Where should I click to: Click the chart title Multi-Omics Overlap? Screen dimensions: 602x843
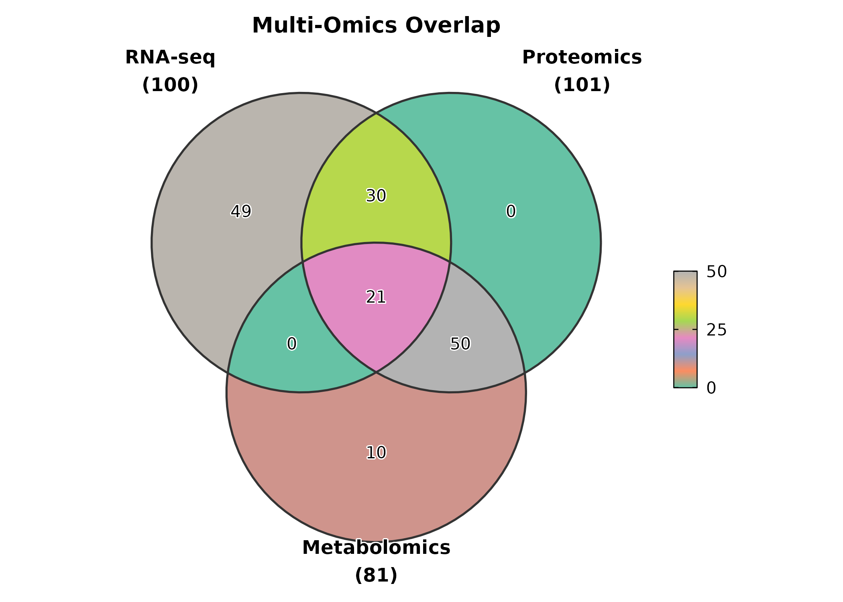(x=376, y=26)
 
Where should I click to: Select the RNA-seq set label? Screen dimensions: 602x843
(x=170, y=57)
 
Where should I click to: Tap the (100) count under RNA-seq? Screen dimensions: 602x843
(x=170, y=85)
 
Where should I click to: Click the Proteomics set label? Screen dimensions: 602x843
(x=582, y=57)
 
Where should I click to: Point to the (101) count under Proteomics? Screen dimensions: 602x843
(x=582, y=85)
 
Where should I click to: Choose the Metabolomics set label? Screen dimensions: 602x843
(x=376, y=547)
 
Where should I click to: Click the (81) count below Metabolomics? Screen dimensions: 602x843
(x=376, y=575)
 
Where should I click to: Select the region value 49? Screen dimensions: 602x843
(x=241, y=211)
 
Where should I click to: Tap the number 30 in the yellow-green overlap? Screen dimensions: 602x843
(x=376, y=196)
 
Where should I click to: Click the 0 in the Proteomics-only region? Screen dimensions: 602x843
(x=511, y=211)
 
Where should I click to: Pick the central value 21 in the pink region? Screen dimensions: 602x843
(x=376, y=297)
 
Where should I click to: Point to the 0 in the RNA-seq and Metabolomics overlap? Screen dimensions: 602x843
(x=292, y=344)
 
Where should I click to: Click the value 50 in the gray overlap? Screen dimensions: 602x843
(x=460, y=344)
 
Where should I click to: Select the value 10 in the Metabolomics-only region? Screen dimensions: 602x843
(x=376, y=453)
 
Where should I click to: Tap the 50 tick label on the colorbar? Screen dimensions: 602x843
(x=717, y=272)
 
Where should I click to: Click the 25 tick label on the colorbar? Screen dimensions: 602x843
(x=717, y=330)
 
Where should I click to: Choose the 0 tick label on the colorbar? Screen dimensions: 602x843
(x=711, y=388)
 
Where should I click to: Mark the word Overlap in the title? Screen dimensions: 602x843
(x=452, y=26)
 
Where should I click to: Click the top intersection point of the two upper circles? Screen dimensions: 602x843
(x=376, y=114)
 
